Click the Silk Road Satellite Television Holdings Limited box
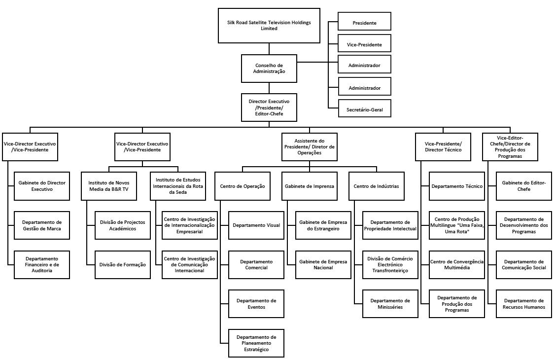click(269, 26)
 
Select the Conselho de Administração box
click(269, 68)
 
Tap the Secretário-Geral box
click(364, 109)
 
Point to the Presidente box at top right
click(364, 23)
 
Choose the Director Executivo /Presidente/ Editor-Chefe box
click(269, 108)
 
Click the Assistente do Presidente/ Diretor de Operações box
click(310, 146)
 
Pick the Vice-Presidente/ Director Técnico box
click(443, 146)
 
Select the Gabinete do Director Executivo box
click(42, 186)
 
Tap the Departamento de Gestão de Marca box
click(42, 225)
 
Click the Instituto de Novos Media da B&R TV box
click(108, 186)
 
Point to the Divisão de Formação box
click(123, 265)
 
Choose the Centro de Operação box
click(242, 186)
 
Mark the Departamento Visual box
click(256, 225)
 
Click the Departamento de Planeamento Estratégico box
click(256, 343)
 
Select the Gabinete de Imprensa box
click(310, 186)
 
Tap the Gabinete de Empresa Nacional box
click(323, 265)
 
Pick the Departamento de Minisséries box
click(390, 304)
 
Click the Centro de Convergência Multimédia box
click(457, 265)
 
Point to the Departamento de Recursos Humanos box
click(523, 304)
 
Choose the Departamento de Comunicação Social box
click(523, 265)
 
